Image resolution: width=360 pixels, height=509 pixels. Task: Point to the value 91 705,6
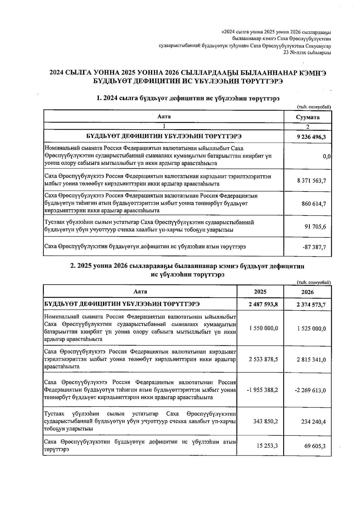pos(315,227)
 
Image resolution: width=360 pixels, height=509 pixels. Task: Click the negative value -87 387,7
pos(314,247)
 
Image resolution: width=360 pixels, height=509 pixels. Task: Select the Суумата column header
pos(307,117)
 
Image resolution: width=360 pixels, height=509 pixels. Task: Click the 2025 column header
pos(260,292)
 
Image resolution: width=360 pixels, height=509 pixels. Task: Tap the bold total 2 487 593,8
pos(263,305)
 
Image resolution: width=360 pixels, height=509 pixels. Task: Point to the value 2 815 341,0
pos(311,359)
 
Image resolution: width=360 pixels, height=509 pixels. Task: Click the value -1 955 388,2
pos(262,390)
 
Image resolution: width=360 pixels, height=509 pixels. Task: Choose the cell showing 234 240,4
pos(313,421)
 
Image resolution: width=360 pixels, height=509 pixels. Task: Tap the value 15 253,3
pos(267,446)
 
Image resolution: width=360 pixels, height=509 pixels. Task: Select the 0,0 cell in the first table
pos(327,156)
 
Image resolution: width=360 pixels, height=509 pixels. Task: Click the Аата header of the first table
pos(164,116)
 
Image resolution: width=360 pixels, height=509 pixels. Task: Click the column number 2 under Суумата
pos(307,127)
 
